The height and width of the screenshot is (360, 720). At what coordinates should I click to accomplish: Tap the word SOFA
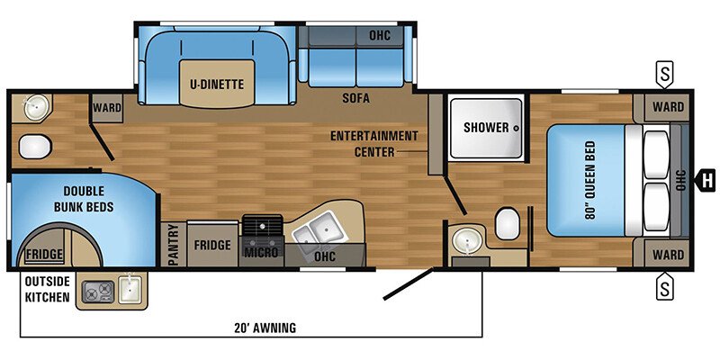coord(357,96)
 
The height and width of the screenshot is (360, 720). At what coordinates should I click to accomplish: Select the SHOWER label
coord(486,127)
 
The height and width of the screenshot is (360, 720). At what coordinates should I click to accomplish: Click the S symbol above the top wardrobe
coord(665,72)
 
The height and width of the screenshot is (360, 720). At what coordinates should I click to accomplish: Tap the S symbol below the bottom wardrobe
coord(665,288)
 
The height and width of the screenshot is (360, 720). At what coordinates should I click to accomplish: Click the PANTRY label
coord(175,244)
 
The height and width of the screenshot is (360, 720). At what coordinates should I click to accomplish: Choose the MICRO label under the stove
coord(262,254)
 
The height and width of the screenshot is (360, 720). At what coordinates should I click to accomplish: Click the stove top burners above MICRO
coord(262,227)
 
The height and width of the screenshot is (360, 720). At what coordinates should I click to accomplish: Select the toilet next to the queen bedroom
coord(508,220)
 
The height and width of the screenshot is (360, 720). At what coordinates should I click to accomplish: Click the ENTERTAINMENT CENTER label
coord(373,144)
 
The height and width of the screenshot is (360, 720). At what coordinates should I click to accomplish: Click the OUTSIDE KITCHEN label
coord(48,289)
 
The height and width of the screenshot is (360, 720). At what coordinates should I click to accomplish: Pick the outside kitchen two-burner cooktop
coord(94,291)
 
